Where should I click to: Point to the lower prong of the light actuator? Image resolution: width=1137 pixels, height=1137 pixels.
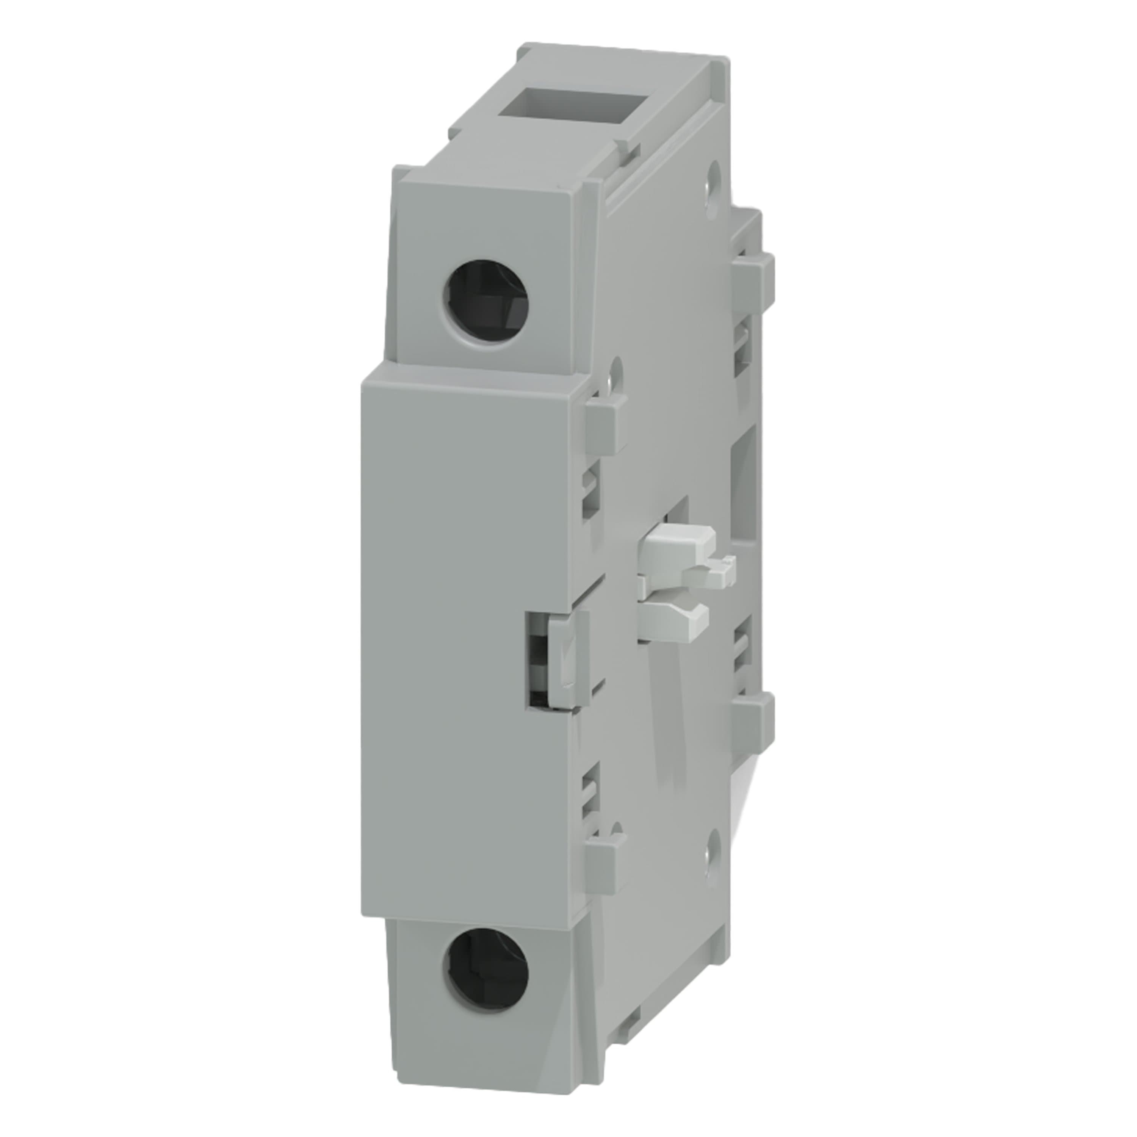[677, 618]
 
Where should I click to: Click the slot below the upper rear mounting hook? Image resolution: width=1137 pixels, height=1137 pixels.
[743, 347]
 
